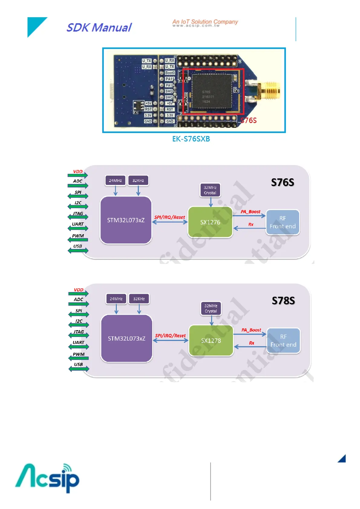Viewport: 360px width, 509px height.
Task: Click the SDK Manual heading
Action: coord(99,28)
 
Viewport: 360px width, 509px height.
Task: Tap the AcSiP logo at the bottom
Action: coord(47,478)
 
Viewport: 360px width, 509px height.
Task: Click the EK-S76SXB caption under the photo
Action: coord(191,139)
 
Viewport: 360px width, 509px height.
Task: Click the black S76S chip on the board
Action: coord(211,91)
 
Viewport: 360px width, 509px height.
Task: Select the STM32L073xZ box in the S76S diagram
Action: coord(126,220)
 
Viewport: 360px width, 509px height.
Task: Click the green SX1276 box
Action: coord(210,222)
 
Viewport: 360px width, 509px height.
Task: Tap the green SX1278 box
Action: coord(211,341)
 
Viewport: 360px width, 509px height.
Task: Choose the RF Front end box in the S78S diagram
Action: coord(283,341)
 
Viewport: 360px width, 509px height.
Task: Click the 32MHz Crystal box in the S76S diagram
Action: coord(210,190)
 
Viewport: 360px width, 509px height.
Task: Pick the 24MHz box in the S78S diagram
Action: coord(116,299)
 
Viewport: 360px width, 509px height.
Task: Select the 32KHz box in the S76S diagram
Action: coord(138,180)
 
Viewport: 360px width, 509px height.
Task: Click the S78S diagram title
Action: coord(283,300)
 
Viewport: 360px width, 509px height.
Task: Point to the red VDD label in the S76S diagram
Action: coord(78,171)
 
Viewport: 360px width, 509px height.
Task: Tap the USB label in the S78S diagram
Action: coord(78,364)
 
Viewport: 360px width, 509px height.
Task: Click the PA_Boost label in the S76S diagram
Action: coord(250,212)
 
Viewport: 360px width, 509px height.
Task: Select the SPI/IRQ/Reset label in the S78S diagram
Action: coord(170,336)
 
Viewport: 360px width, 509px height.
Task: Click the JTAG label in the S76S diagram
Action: coord(78,213)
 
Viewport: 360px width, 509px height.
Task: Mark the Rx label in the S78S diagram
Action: coord(252,343)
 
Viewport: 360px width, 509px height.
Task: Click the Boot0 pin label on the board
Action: coord(170,73)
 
